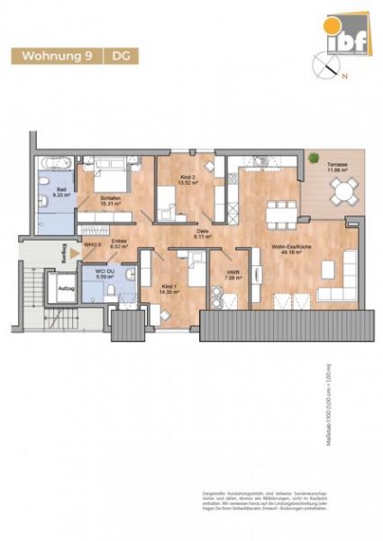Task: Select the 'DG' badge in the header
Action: click(x=119, y=56)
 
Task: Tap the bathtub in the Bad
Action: click(x=54, y=165)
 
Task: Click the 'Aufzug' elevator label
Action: click(x=41, y=289)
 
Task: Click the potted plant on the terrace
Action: click(x=315, y=159)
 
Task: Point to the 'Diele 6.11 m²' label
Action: click(x=205, y=234)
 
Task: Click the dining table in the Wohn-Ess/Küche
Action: click(x=278, y=212)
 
